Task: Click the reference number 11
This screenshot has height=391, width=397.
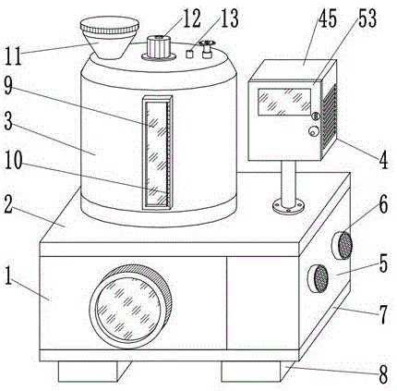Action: pyautogui.click(x=13, y=56)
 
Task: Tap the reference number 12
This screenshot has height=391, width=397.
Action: pyautogui.click(x=191, y=18)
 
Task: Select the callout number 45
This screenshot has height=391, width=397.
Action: pyautogui.click(x=327, y=19)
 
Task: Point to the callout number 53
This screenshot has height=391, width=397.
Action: pyautogui.click(x=367, y=18)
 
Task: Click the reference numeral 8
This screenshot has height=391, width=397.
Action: pyautogui.click(x=382, y=374)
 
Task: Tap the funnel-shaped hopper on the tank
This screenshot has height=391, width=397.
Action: pyautogui.click(x=110, y=38)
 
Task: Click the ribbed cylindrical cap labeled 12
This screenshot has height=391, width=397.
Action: pyautogui.click(x=159, y=47)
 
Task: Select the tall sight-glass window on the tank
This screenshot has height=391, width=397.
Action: pyautogui.click(x=157, y=153)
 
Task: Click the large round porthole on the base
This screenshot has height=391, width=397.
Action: pyautogui.click(x=130, y=307)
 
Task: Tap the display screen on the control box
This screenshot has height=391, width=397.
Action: pyautogui.click(x=284, y=102)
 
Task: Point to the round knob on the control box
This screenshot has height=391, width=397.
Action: pyautogui.click(x=314, y=131)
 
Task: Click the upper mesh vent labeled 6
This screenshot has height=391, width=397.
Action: pyautogui.click(x=342, y=245)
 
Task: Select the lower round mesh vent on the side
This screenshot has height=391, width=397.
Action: pyautogui.click(x=318, y=278)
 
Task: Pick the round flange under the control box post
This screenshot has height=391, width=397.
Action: pyautogui.click(x=288, y=206)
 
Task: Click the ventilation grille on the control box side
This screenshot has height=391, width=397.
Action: pyautogui.click(x=329, y=119)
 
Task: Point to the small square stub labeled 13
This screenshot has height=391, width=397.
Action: pyautogui.click(x=189, y=54)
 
